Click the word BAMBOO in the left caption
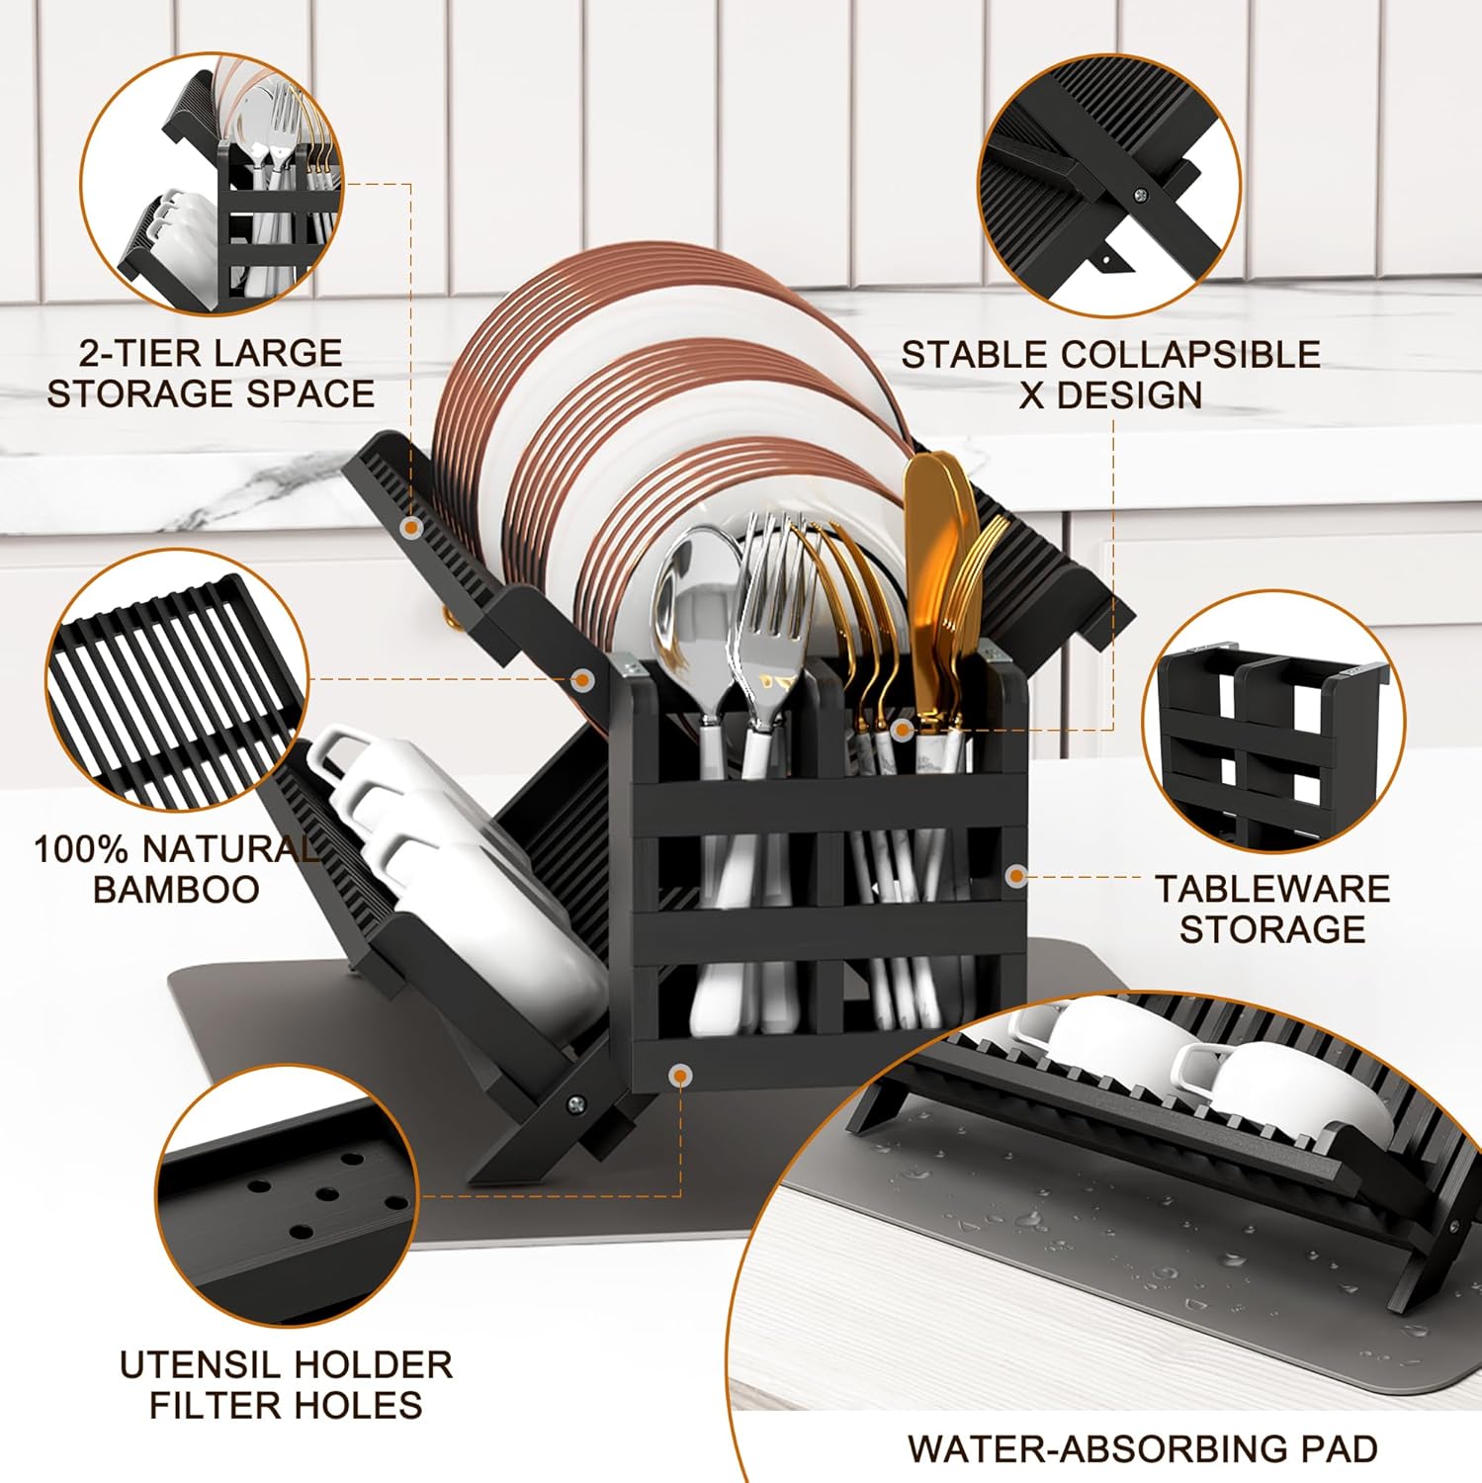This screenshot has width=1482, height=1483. point(176,889)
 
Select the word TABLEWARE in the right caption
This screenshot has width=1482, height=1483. point(1272,889)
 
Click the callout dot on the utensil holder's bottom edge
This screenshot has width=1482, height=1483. point(679,1075)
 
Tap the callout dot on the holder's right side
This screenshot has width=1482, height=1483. point(1016,875)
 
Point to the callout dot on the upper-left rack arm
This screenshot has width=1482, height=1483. point(410,528)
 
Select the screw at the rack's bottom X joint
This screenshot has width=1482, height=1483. point(574,1104)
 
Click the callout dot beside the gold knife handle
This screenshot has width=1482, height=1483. point(901,730)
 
